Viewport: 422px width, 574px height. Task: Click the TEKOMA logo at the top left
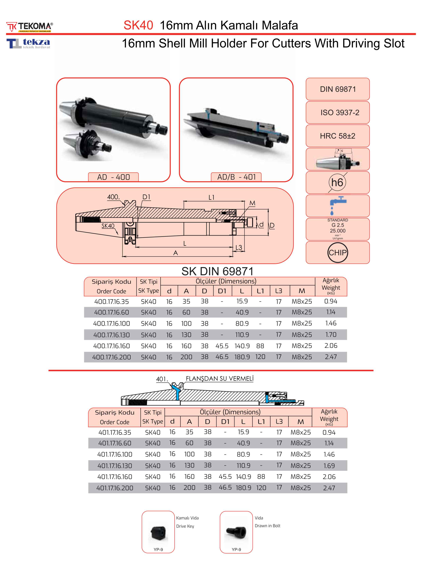coord(30,27)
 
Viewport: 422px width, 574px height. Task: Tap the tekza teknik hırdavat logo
coord(28,43)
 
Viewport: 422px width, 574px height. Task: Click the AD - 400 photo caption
coord(113,177)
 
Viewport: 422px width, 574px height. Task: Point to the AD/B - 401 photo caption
coord(236,177)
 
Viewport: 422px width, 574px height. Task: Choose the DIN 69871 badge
coord(338,89)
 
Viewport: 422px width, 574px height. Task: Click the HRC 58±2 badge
coord(338,136)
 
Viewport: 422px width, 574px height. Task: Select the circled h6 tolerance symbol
coord(337,183)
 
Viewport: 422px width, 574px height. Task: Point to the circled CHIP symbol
coord(338,252)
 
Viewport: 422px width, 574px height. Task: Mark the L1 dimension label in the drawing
coord(212,197)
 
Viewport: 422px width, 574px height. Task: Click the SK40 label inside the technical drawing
coord(108,226)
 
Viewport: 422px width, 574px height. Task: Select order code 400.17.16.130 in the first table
coord(111,335)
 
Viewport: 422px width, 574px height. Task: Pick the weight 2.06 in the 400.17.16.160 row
coord(331,346)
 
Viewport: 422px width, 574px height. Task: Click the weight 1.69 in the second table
coord(329,466)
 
